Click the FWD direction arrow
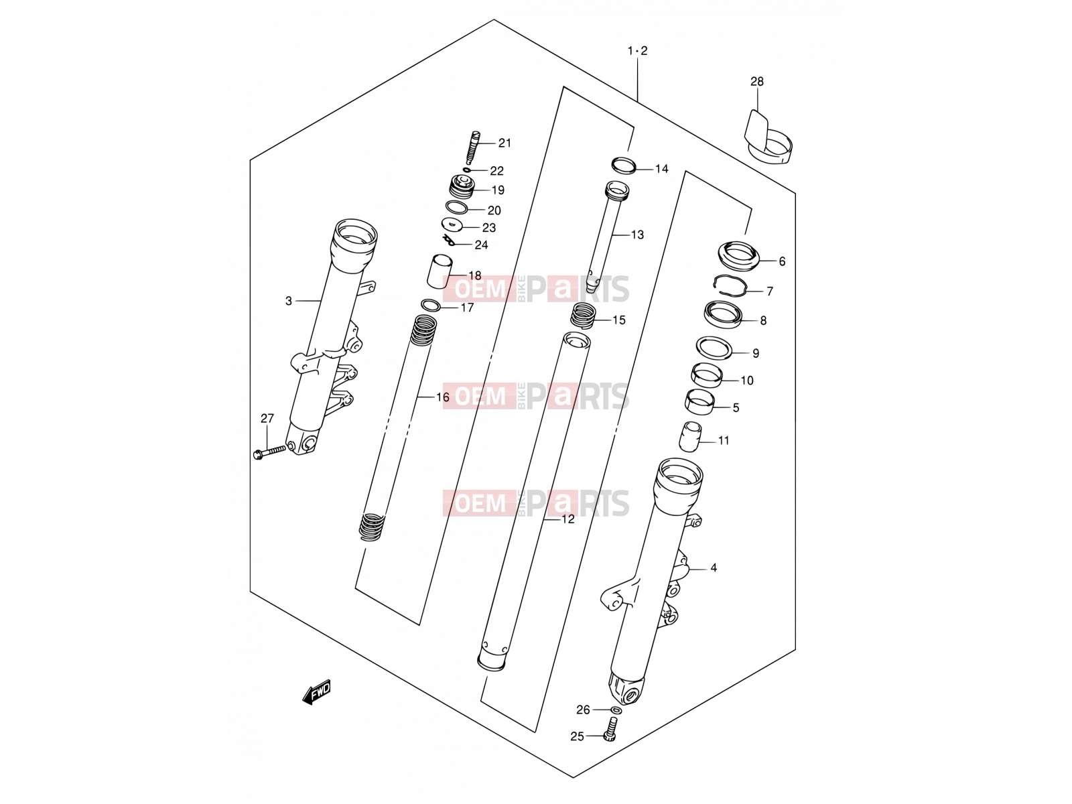[316, 691]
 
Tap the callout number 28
[756, 82]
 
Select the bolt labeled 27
[269, 452]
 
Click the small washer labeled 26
[616, 710]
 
